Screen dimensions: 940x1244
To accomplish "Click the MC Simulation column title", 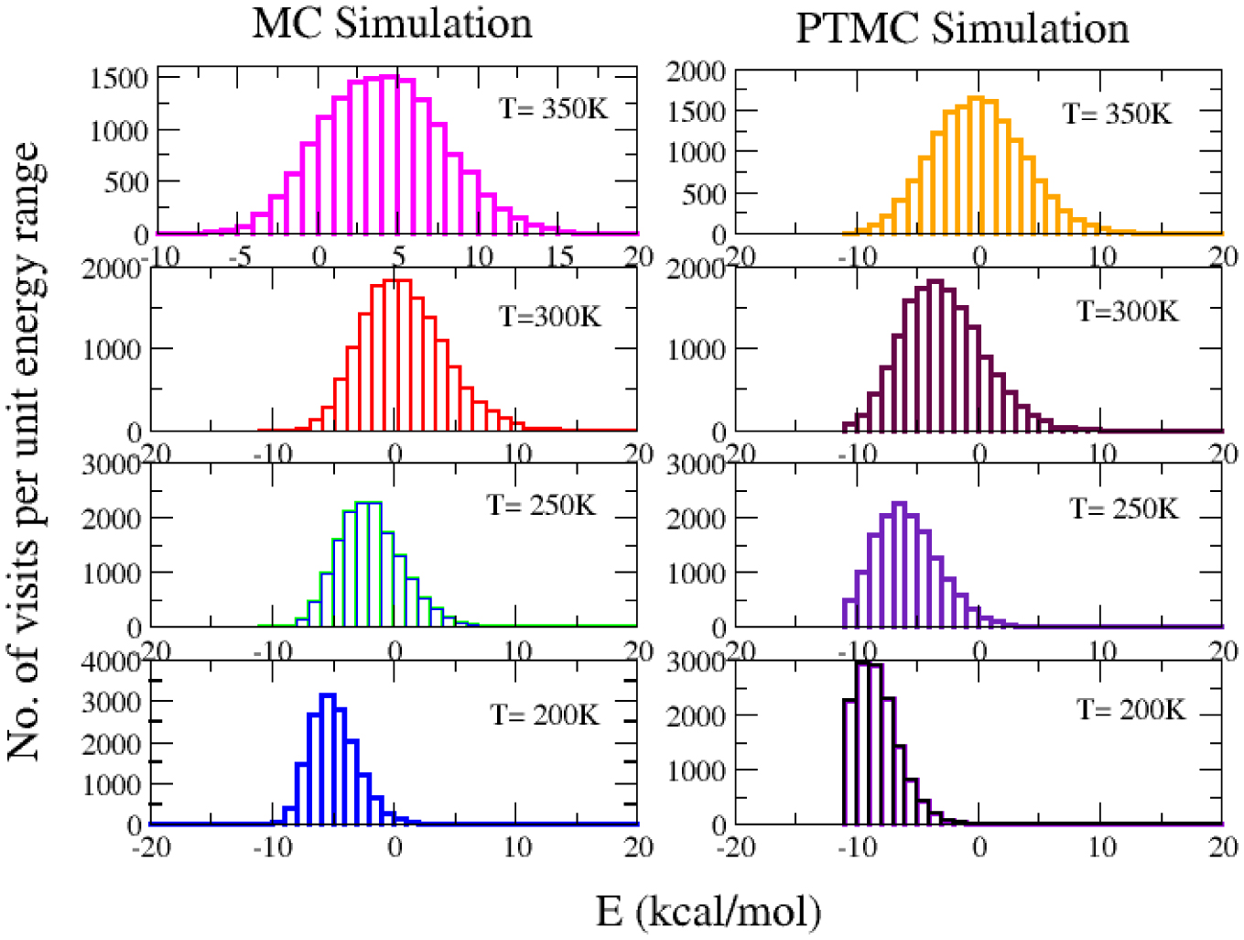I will pos(392,23).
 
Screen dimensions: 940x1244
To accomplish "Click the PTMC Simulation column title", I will pos(962,27).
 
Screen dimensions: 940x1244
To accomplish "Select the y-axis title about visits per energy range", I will pos(24,451).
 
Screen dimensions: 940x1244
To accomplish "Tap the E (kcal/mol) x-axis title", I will pos(709,912).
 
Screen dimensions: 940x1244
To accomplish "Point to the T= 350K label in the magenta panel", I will pos(553,108).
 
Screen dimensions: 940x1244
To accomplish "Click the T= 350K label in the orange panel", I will pos(1117,114).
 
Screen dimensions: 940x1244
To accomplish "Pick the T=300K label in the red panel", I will pos(549,316).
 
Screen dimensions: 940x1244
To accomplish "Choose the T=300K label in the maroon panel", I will pos(1127,312).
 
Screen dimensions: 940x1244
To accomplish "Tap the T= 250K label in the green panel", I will pos(541,505).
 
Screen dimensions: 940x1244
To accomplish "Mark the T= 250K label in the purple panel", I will pos(1124,508).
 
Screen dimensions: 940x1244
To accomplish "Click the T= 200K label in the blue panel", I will pos(545,714).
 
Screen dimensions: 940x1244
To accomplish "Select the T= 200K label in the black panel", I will pos(1130,709).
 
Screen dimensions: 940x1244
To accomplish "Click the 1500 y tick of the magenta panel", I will pos(119,79).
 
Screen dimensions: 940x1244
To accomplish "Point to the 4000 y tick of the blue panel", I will pos(111,661).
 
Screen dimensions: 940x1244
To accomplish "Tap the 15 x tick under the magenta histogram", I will pos(559,256).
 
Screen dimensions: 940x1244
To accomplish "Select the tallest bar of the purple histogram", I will pos(899,563).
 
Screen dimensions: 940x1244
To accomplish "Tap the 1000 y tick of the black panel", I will pos(696,771).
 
